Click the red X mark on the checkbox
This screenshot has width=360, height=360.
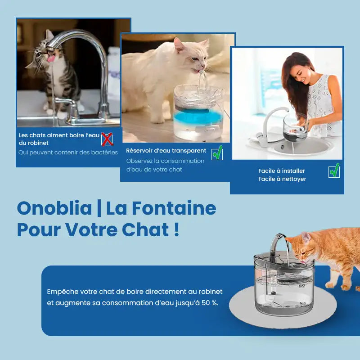107,139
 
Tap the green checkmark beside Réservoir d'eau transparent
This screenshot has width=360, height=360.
217,153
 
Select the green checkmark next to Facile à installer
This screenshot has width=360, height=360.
334,170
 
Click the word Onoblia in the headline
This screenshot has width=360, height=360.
54,208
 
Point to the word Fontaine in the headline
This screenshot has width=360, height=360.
174,208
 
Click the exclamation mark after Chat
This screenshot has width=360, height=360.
176,229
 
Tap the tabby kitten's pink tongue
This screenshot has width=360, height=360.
51,58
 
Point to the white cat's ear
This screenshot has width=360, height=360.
178,44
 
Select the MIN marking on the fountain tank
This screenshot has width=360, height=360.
302,303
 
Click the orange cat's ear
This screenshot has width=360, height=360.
306,238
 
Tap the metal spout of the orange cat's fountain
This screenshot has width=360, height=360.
277,244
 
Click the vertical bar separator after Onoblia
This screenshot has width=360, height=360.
99,208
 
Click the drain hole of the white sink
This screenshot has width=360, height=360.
283,146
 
